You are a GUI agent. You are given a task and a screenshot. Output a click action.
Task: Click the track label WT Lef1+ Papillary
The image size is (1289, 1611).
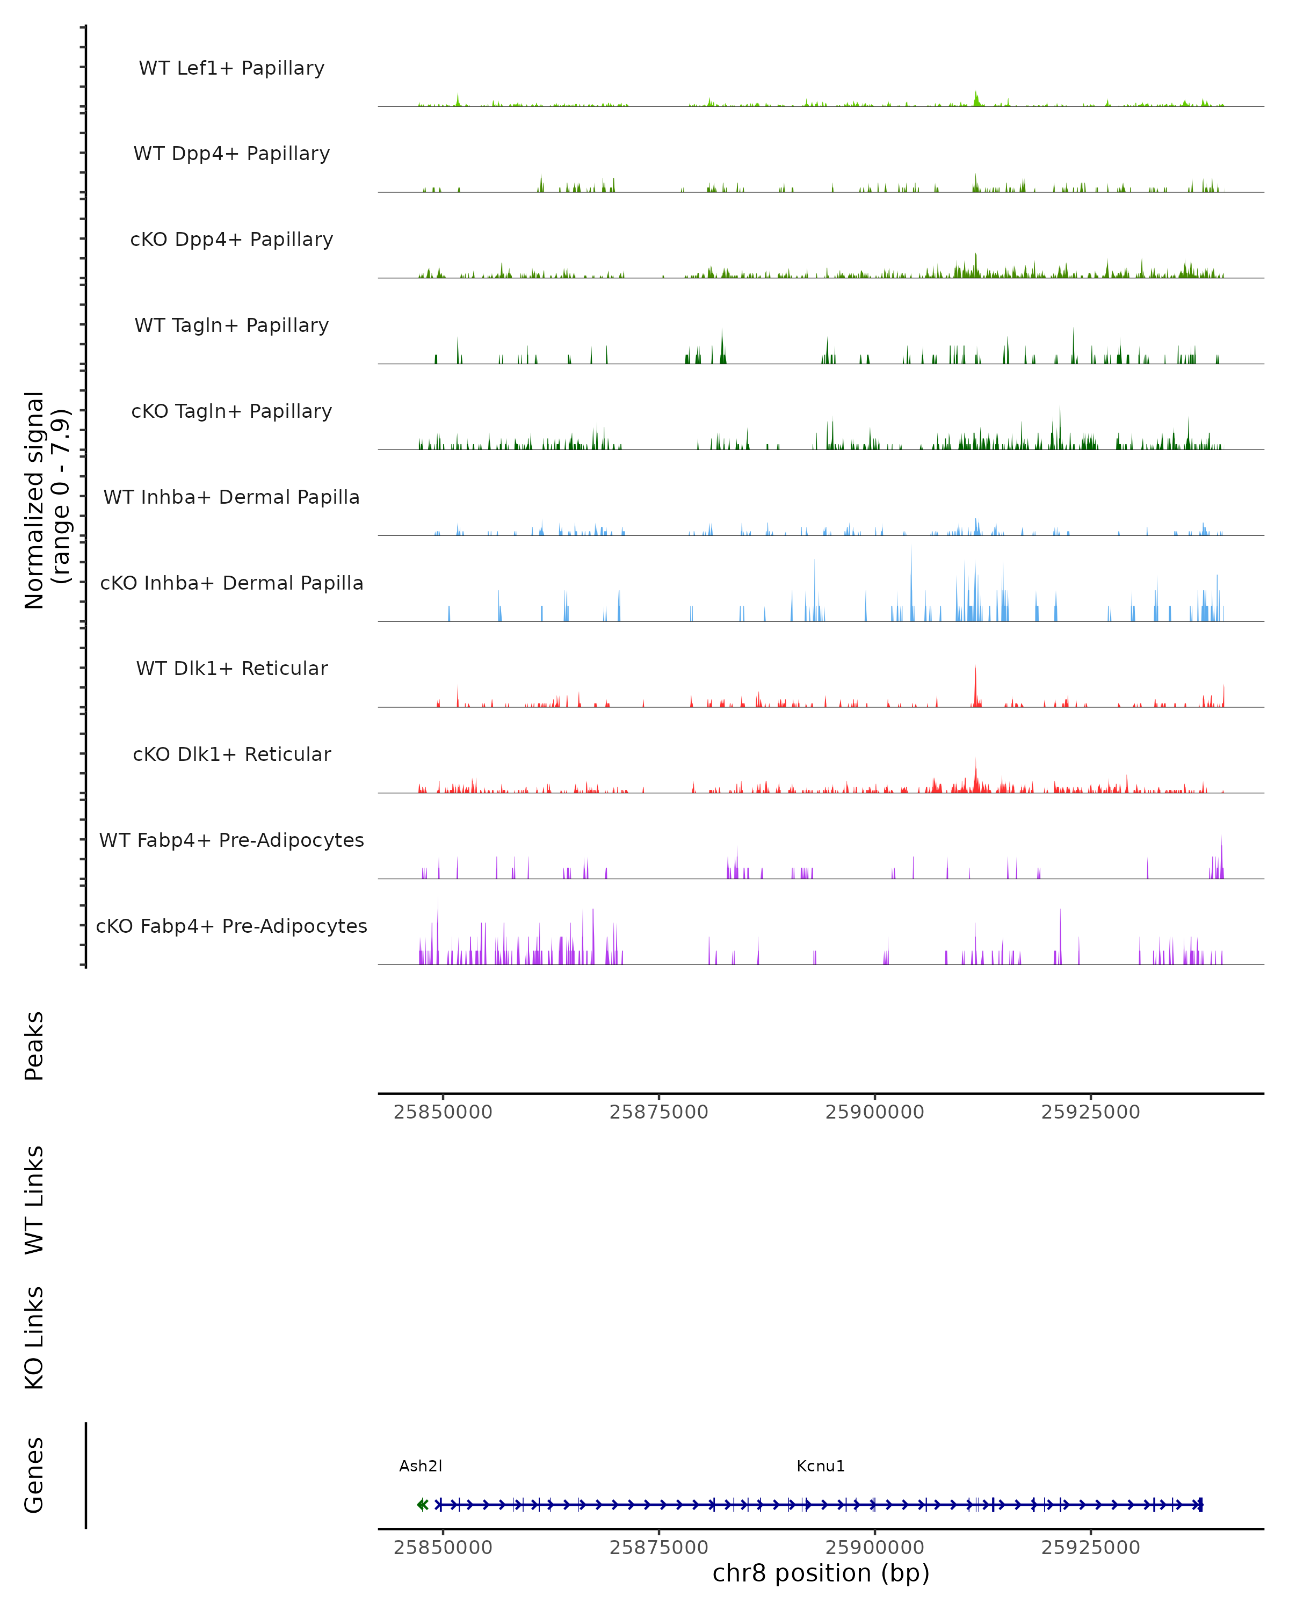[231, 68]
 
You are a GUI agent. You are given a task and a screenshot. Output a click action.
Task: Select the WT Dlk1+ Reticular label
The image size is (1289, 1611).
[231, 668]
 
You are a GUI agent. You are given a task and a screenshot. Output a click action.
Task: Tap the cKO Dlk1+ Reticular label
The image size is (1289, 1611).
[231, 754]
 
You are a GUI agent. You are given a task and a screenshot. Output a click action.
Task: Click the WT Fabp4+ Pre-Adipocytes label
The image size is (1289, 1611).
[231, 840]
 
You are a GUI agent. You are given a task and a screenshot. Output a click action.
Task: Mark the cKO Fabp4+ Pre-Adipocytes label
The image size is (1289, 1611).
[231, 926]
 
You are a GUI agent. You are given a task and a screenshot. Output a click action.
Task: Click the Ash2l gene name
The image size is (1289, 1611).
[421, 1466]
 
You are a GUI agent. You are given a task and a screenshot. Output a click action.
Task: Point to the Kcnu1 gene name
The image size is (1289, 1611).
[821, 1466]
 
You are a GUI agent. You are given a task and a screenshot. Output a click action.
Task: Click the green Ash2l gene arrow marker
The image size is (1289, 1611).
[422, 1505]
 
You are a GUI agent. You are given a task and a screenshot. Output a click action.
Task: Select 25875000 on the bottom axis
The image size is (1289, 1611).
[658, 1548]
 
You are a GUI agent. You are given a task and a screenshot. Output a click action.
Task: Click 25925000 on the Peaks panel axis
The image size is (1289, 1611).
[1090, 1112]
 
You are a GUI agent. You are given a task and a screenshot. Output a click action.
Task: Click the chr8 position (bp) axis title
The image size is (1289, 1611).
[821, 1573]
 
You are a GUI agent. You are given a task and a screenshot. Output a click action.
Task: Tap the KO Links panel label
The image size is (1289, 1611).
[34, 1338]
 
